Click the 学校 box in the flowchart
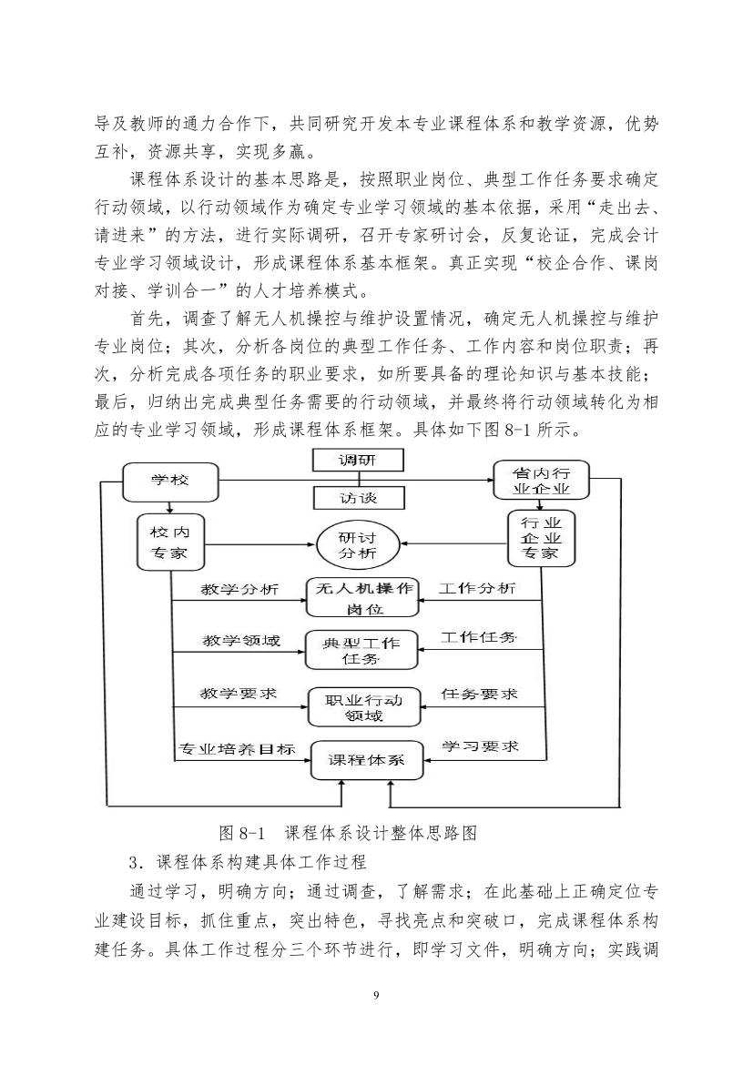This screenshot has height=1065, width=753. [170, 481]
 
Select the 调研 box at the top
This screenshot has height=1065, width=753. [358, 460]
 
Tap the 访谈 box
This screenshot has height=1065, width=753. [358, 499]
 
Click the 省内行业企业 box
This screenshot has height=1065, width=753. [541, 481]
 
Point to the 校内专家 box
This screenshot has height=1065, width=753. [170, 542]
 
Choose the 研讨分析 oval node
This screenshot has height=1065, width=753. [358, 544]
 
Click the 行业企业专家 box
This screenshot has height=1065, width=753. [541, 539]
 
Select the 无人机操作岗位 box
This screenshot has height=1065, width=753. [363, 598]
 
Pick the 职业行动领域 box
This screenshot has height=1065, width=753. [363, 707]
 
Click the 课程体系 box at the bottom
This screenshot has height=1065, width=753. [366, 760]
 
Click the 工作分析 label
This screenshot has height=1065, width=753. [476, 588]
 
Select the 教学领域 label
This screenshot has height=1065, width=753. [241, 641]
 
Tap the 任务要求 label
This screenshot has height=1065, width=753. [479, 694]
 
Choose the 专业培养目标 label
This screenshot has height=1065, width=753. [237, 749]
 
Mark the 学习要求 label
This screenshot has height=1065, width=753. [481, 746]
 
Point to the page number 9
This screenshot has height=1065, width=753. [376, 996]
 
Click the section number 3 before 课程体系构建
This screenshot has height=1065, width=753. [133, 863]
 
